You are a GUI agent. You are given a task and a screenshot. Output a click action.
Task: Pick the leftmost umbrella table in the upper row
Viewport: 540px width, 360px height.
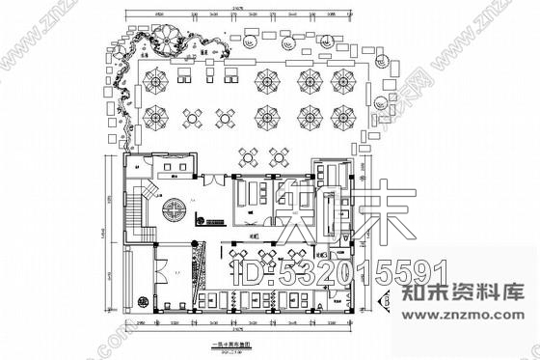[157, 78]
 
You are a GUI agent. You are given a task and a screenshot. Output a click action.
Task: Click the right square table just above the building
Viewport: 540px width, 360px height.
[281, 155]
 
